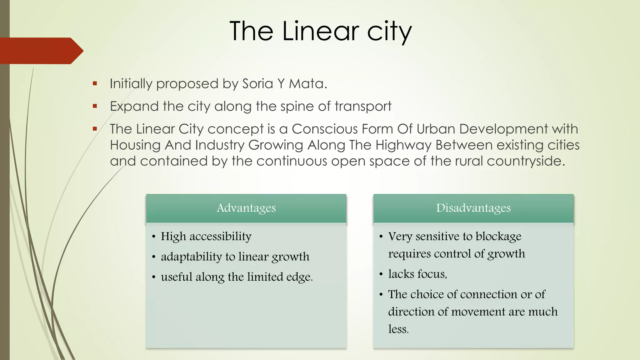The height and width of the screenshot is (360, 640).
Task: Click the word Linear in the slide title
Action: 321,31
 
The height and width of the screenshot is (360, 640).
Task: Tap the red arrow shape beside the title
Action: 41,51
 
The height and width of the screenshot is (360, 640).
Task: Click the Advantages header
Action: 246,208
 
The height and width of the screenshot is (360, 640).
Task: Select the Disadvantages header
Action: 473,208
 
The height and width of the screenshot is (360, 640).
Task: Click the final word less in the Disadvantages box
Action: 398,329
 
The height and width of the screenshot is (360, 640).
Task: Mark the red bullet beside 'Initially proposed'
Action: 95,83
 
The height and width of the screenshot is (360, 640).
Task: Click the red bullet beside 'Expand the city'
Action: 95,106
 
